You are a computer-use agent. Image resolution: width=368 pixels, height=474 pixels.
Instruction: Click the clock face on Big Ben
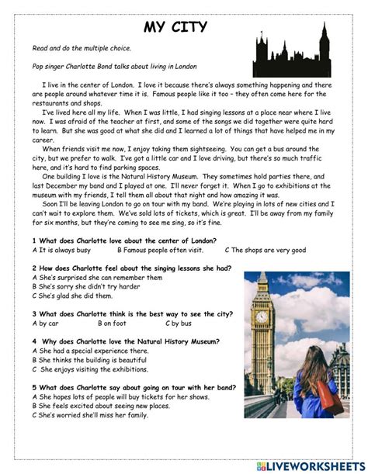262,317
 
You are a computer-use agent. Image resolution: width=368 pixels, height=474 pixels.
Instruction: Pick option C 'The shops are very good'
266,250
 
